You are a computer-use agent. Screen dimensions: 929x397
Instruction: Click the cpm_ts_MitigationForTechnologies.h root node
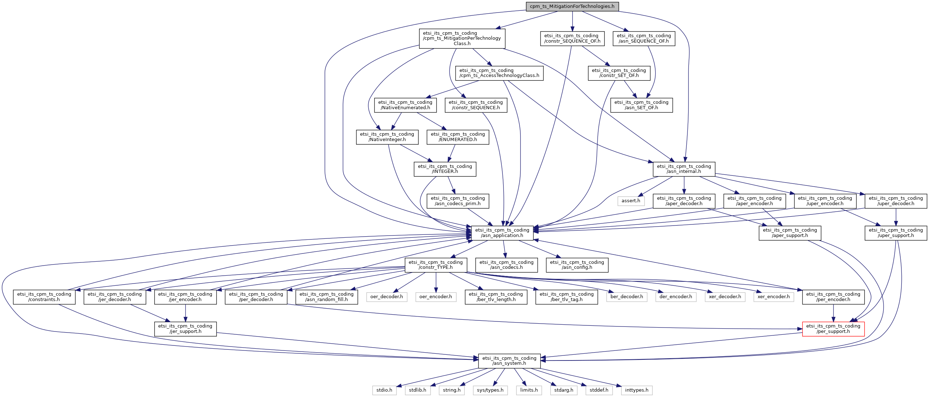(x=572, y=6)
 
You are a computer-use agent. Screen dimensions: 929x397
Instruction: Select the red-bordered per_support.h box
(x=833, y=329)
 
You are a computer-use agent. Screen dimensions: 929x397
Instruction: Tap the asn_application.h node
(x=502, y=233)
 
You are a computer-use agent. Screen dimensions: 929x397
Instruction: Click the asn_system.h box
(x=509, y=361)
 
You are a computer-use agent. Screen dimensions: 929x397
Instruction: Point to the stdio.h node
(x=384, y=390)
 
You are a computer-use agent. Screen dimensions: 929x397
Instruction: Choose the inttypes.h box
(x=637, y=390)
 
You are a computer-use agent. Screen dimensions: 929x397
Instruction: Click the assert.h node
(x=631, y=201)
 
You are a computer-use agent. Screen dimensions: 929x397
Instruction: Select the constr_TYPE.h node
(x=436, y=265)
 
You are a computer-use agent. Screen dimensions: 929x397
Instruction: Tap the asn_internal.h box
(x=684, y=169)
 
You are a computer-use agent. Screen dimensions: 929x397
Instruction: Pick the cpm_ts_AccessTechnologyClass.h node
(x=499, y=73)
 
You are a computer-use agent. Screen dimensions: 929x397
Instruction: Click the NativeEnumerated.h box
(x=405, y=105)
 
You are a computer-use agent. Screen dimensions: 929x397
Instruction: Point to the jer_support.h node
(x=185, y=329)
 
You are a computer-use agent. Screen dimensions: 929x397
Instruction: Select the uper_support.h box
(x=896, y=233)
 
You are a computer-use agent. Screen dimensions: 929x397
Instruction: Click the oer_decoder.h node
(x=386, y=297)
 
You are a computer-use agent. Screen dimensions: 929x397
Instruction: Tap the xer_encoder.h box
(x=774, y=297)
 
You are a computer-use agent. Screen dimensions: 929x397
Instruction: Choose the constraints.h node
(x=44, y=297)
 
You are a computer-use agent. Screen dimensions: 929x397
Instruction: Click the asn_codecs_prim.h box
(x=458, y=201)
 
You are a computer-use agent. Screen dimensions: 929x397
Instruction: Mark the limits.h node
(x=529, y=390)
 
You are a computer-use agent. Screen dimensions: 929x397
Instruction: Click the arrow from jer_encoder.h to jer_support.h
(x=185, y=313)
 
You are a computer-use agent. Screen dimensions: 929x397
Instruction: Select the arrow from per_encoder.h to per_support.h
(x=833, y=313)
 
